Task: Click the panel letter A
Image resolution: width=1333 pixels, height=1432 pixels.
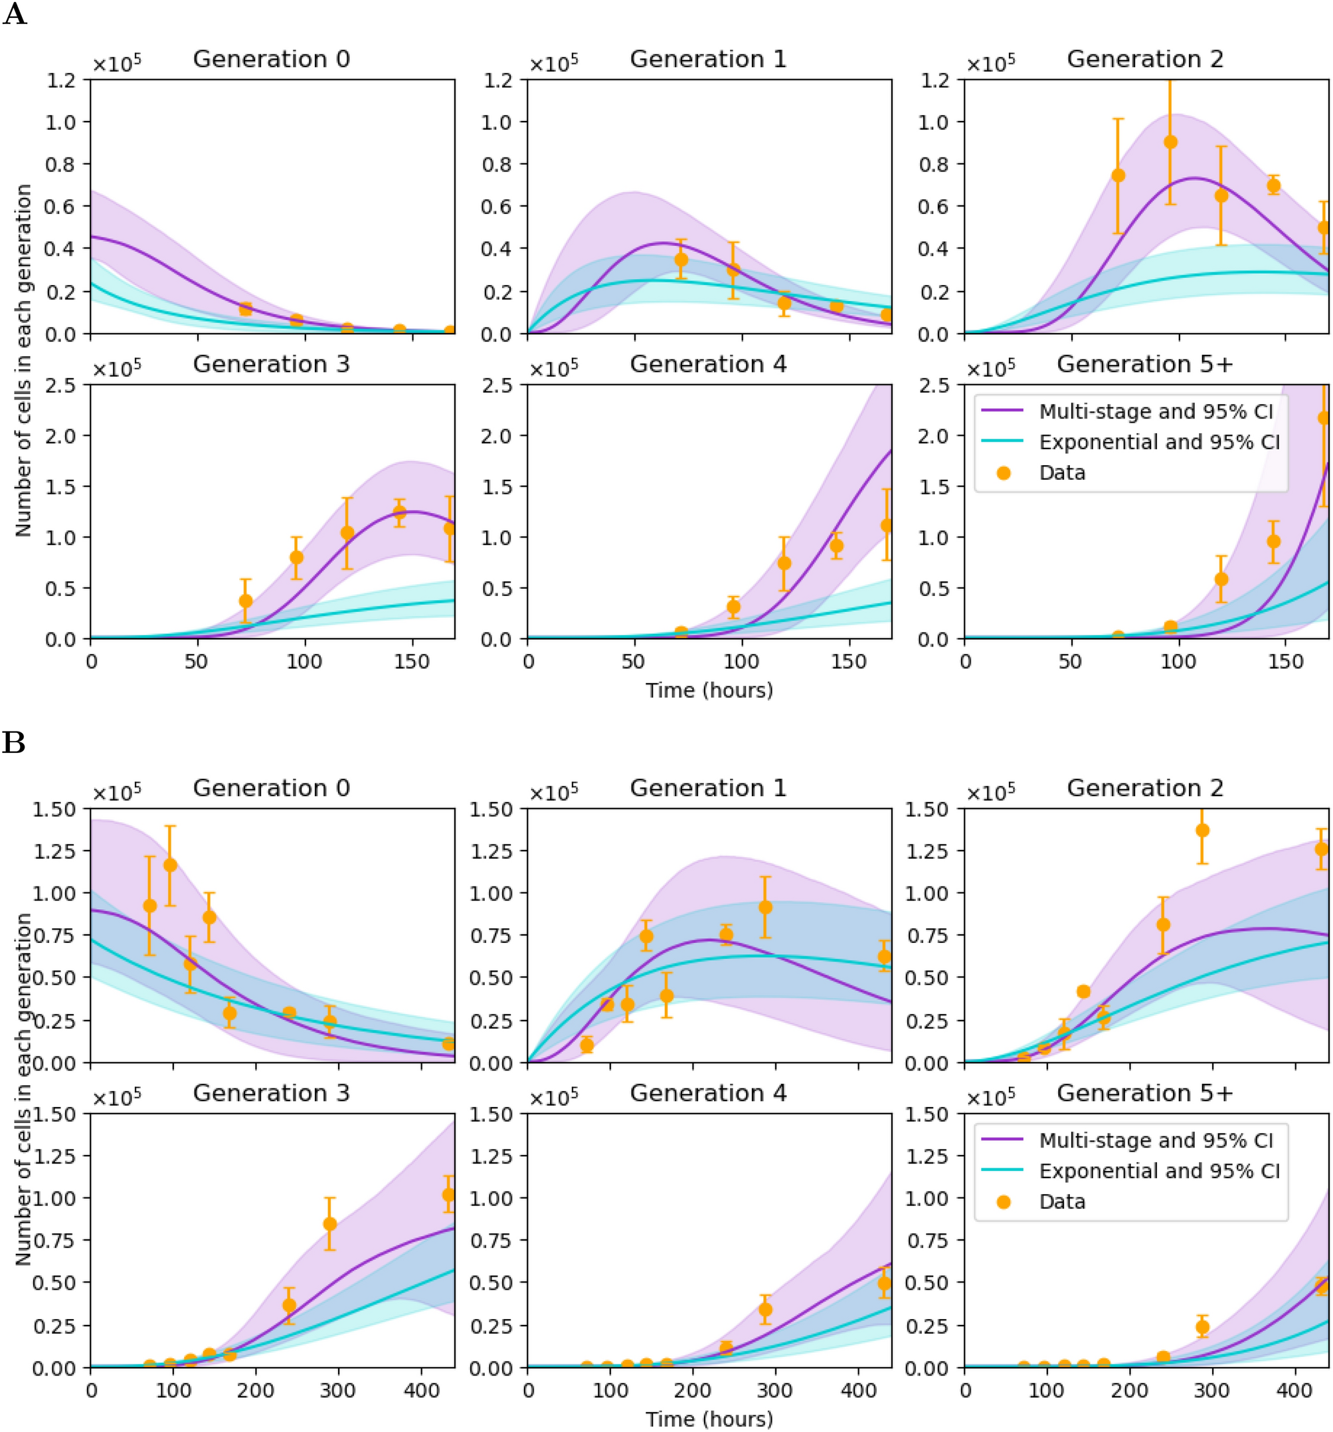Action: [15, 15]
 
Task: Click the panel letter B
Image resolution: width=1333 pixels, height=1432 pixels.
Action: [14, 742]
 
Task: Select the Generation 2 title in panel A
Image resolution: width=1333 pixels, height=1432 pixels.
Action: [1144, 59]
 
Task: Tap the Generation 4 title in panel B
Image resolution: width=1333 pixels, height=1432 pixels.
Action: [708, 1092]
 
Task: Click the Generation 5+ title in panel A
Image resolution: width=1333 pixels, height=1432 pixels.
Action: [1144, 365]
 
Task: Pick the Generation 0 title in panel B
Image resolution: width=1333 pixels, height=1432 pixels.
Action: [271, 788]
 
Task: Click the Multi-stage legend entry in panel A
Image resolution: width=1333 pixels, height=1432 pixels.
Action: [1155, 411]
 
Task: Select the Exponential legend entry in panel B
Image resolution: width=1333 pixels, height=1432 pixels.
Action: [1159, 1171]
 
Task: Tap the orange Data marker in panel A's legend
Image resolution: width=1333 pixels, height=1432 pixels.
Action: [1003, 472]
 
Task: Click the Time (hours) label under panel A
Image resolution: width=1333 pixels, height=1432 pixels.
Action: [709, 690]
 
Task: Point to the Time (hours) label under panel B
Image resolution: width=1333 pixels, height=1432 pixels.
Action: [709, 1419]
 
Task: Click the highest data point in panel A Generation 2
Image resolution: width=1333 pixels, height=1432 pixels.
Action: [1170, 142]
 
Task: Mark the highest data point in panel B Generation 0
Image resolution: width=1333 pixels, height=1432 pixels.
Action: [170, 865]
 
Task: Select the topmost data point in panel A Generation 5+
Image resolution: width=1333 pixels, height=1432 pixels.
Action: [1324, 418]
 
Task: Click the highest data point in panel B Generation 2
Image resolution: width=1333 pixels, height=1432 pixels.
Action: [1202, 831]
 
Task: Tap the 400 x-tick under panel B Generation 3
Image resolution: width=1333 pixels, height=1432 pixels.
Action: [421, 1389]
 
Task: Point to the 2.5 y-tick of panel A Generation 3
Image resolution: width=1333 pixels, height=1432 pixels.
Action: [60, 385]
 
